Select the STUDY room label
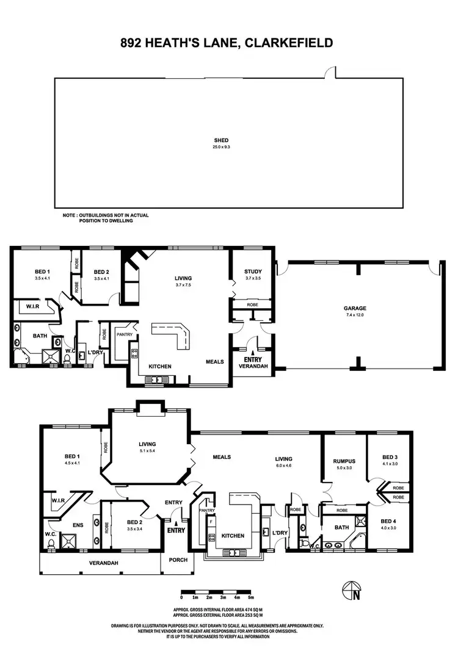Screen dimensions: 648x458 pyautogui.click(x=253, y=272)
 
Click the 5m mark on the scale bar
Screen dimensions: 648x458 pyautogui.click(x=252, y=598)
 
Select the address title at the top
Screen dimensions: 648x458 pyautogui.click(x=228, y=43)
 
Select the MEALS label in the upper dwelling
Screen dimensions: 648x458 pyautogui.click(x=216, y=362)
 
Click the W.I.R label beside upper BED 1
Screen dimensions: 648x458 pyautogui.click(x=32, y=306)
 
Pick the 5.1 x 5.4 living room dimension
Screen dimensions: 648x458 pyautogui.click(x=147, y=452)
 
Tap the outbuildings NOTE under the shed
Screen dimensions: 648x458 pyautogui.click(x=105, y=218)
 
